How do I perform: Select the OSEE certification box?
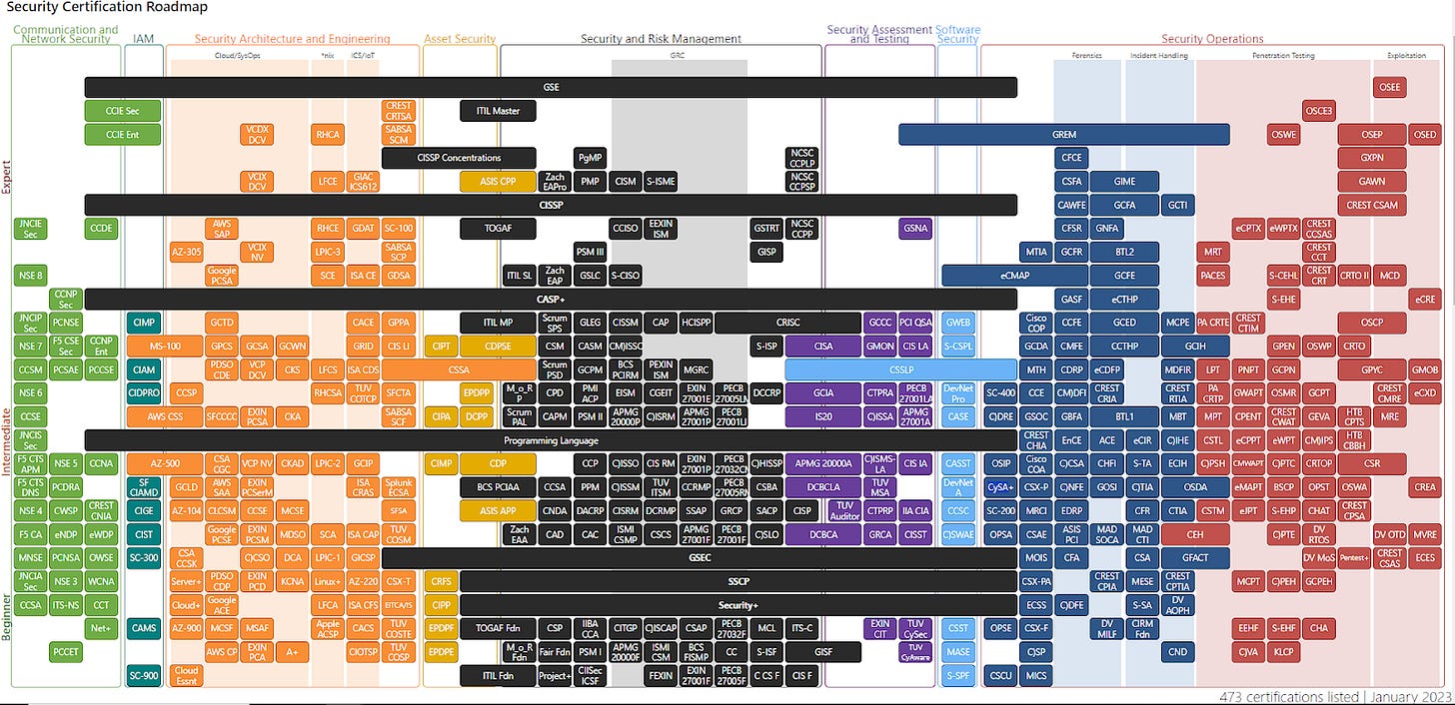(1389, 87)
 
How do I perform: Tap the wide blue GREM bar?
(1064, 134)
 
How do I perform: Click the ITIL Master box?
(498, 111)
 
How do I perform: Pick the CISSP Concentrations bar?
(459, 158)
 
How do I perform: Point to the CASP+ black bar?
(551, 299)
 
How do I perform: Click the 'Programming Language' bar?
(551, 439)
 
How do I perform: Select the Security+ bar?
(737, 605)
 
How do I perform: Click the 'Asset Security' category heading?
(460, 39)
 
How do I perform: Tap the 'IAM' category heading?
(143, 39)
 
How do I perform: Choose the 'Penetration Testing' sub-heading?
(1283, 56)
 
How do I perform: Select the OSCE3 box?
(1319, 111)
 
